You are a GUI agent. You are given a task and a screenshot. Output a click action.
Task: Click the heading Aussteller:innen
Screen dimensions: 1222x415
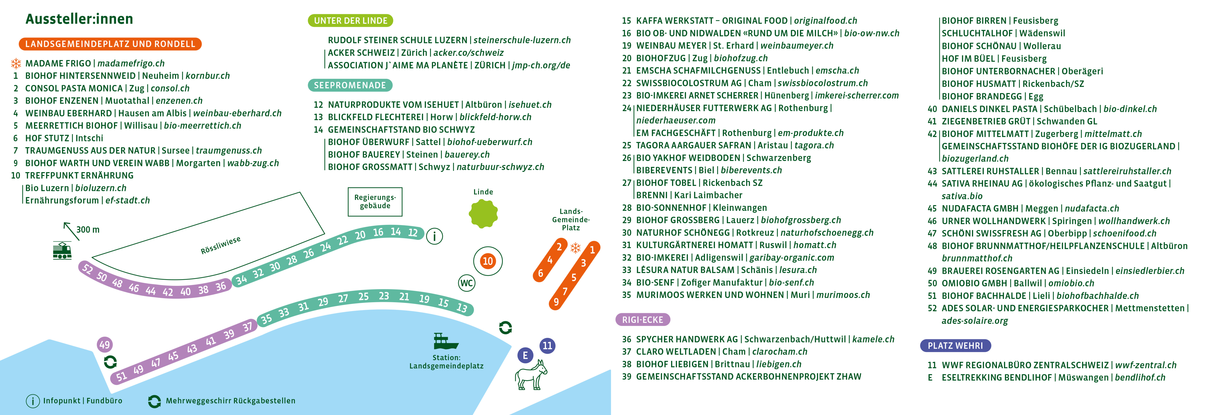pyautogui.click(x=79, y=19)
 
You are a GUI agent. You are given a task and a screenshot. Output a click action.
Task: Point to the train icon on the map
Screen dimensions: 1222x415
pyautogui.click(x=62, y=250)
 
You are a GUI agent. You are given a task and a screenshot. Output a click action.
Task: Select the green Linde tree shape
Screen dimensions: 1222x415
pyautogui.click(x=483, y=214)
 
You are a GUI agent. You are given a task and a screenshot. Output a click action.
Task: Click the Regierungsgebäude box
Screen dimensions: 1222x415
pyautogui.click(x=375, y=202)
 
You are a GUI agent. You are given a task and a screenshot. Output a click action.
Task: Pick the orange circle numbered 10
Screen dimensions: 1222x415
pyautogui.click(x=488, y=261)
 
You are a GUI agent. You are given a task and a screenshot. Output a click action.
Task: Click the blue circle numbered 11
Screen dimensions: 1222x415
pyautogui.click(x=547, y=346)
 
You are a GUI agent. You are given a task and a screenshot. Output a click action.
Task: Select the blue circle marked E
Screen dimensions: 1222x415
pyautogui.click(x=525, y=355)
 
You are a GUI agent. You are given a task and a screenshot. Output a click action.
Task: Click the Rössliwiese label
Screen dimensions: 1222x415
pyautogui.click(x=221, y=245)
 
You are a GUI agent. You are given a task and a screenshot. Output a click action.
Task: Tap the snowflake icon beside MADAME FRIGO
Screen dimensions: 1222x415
pyautogui.click(x=16, y=63)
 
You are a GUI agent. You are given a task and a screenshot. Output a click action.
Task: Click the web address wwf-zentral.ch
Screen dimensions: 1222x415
pyautogui.click(x=1146, y=365)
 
